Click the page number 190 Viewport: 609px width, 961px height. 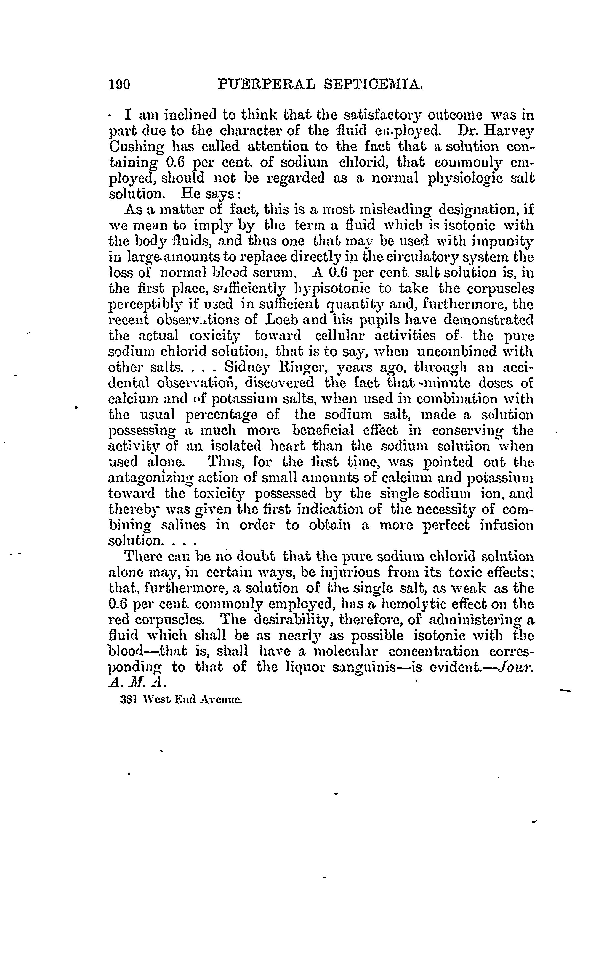[x=119, y=85]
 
